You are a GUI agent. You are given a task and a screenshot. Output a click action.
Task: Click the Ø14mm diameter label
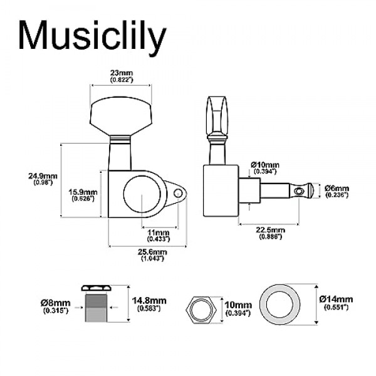pos(336,302)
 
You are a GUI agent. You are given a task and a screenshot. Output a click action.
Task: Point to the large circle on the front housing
pos(142,195)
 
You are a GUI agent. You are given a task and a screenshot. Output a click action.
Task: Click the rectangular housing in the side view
pos(220,191)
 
